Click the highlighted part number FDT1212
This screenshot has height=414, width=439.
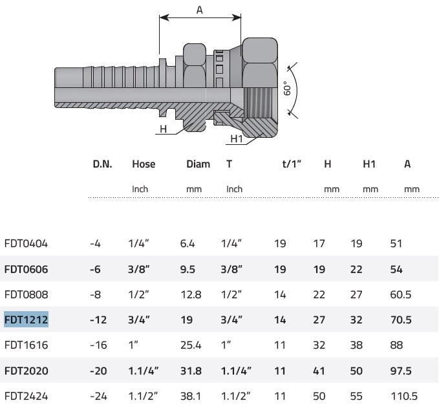tap(27, 320)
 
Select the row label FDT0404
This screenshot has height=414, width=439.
tap(27, 243)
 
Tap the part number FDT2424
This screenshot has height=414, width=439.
tap(27, 396)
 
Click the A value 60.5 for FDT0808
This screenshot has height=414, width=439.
tap(401, 294)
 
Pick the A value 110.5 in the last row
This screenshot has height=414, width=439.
tap(404, 396)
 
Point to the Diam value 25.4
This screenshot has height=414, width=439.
tap(191, 345)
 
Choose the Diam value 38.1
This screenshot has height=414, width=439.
tap(191, 396)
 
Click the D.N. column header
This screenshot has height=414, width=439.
tap(102, 164)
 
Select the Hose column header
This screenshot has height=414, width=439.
tap(144, 164)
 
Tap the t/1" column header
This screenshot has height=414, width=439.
tap(292, 164)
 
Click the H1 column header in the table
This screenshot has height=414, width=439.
tap(369, 164)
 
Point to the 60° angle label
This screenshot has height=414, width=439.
tap(287, 89)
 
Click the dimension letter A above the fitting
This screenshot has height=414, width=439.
tap(199, 10)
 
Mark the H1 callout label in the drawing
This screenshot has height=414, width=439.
tap(237, 138)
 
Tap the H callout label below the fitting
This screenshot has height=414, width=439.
tap(163, 129)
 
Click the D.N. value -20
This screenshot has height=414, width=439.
tap(98, 371)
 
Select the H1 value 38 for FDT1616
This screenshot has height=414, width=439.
tap(356, 345)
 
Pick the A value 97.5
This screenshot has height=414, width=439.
tap(401, 371)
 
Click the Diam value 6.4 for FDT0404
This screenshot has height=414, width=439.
tap(187, 243)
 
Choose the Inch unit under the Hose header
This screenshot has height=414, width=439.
tap(140, 189)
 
